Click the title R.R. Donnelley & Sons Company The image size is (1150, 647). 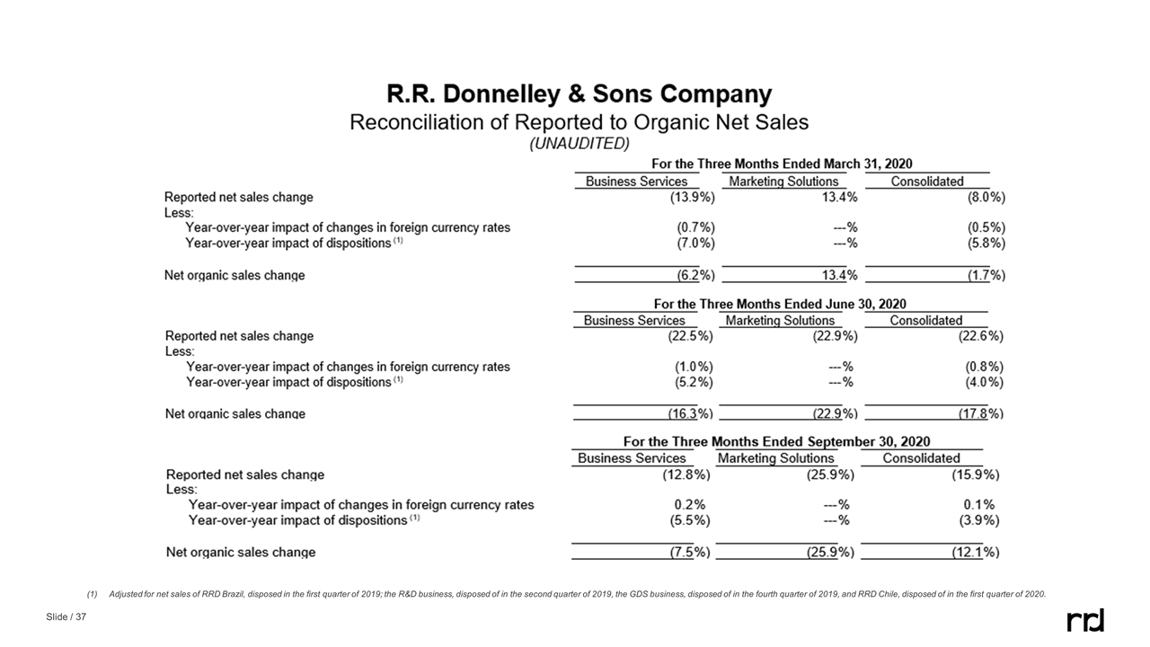pos(579,94)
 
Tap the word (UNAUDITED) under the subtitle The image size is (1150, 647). pos(579,144)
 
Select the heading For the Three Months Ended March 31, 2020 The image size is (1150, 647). pos(781,164)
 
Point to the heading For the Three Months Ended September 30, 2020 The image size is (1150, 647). pos(776,441)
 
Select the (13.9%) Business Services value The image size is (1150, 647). pos(692,197)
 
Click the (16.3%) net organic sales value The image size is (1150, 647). pos(689,413)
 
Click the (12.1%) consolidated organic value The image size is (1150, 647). pos(975,552)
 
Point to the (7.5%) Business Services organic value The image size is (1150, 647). pos(689,552)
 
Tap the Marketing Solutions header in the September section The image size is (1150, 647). pos(775,458)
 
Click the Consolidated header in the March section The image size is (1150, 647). pos(927,182)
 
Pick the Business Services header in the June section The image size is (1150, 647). pos(634,321)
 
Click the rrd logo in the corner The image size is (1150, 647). pos(1084,620)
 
